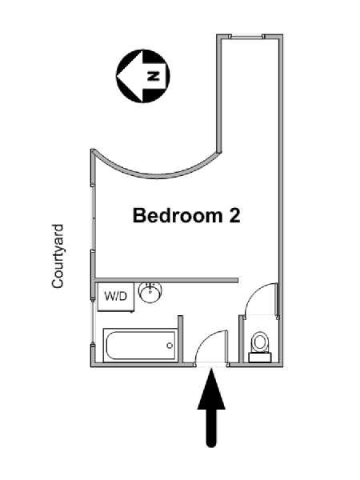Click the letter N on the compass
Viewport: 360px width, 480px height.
(154, 76)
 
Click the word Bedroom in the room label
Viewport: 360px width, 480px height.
(178, 215)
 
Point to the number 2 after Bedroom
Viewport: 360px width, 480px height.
(234, 215)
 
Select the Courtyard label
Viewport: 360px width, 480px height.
(58, 256)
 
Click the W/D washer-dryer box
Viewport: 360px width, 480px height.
(116, 297)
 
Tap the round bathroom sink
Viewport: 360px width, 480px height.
(150, 293)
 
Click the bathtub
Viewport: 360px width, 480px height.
(140, 346)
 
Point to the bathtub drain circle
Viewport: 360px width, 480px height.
(170, 346)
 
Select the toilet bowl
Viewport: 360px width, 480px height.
(260, 342)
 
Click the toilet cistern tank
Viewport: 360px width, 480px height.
(260, 358)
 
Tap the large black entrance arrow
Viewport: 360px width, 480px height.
(211, 408)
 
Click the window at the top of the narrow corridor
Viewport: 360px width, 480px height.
(246, 37)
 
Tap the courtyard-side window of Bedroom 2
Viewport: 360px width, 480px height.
(93, 218)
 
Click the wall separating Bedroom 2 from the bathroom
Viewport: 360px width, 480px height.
(167, 280)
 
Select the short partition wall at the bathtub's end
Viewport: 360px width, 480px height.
(180, 339)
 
